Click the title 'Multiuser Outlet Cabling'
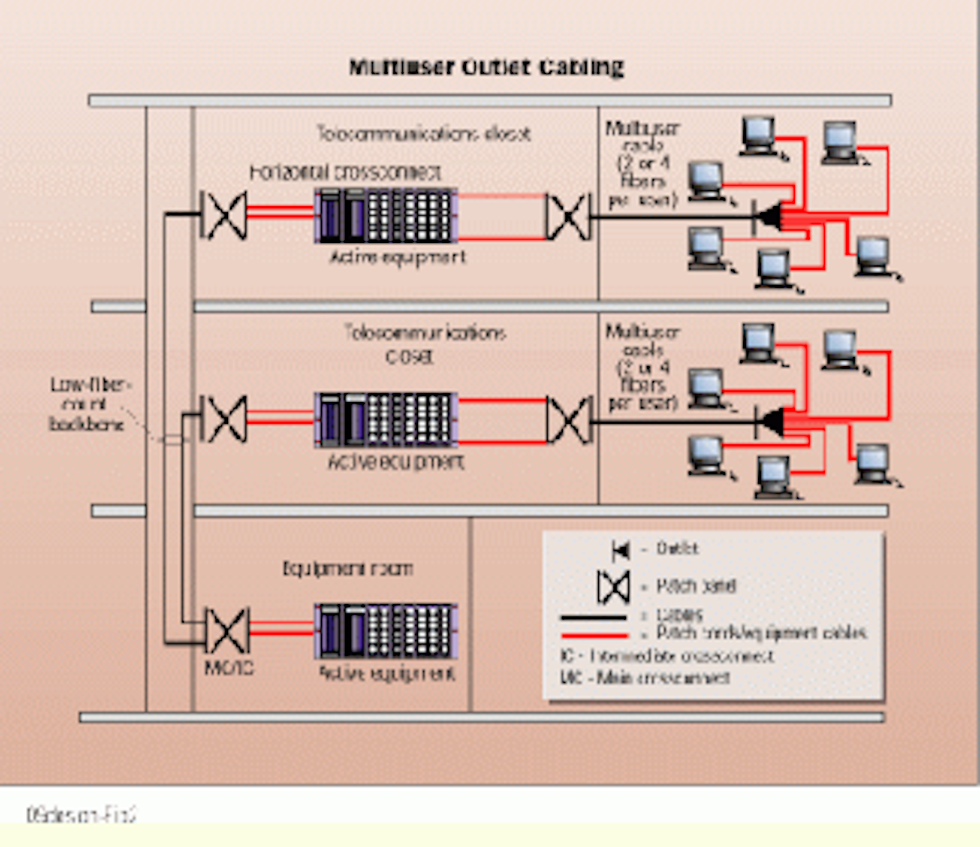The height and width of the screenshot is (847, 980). coord(486,67)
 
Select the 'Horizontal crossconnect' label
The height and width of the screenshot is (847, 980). coord(345,173)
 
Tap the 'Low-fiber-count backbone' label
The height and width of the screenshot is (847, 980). coord(87,404)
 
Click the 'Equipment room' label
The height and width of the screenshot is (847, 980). coord(347,568)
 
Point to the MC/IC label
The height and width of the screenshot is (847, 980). coord(229,668)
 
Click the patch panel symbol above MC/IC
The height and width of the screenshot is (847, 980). coord(227,631)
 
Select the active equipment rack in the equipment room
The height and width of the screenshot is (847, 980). coord(386,631)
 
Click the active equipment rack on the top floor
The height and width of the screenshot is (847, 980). coord(386,216)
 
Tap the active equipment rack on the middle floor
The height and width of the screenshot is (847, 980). coord(386,420)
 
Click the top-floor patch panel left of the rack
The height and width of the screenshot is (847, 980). coord(223,216)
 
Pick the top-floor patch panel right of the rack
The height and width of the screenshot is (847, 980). coord(568,217)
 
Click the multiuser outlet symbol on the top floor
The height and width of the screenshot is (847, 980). coord(768,218)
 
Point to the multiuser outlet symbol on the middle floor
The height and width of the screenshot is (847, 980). coord(769,422)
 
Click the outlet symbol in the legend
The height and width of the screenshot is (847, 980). coord(620,550)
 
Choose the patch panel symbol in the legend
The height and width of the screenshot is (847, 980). coord(613,587)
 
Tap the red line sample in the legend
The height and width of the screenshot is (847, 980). coord(593,635)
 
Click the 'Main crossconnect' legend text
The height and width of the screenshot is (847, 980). coord(644,678)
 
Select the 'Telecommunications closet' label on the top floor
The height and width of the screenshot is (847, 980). coord(423,133)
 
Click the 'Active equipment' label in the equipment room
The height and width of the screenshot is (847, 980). coord(387,674)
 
